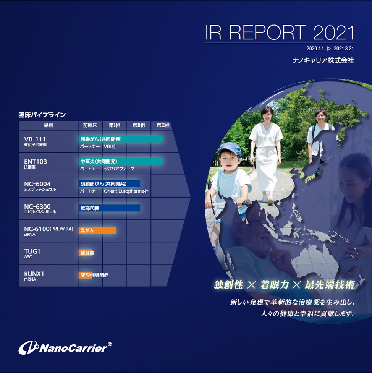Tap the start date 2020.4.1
pos(315,49)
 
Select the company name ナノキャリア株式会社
pos(323,60)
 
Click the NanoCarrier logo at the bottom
pos(65,348)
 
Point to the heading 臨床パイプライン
pos(42,115)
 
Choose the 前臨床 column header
pos(90,125)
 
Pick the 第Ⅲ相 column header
pos(163,125)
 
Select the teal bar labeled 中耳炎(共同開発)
pos(121,161)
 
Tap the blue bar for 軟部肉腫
pos(109,208)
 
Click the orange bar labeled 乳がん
pos(97,230)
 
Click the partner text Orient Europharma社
pos(126,191)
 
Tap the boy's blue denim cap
pos(229,149)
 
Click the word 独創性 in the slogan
pos(228,284)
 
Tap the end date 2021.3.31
pos(344,49)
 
